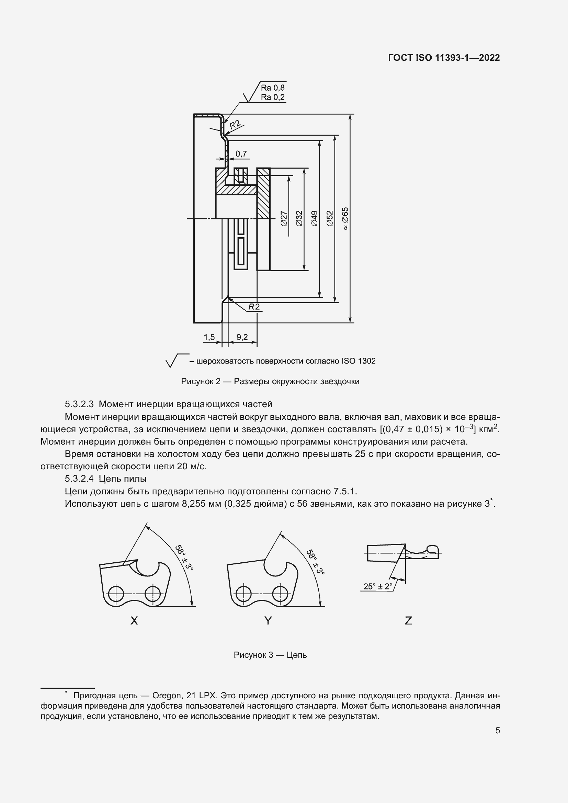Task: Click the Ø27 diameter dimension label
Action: (x=284, y=218)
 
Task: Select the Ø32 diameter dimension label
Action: (x=299, y=218)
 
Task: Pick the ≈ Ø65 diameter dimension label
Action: (x=345, y=218)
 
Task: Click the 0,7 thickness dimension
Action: (x=241, y=153)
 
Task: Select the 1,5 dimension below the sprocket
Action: (x=209, y=337)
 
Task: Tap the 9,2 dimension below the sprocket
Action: (x=242, y=337)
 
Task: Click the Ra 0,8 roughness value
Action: (x=273, y=88)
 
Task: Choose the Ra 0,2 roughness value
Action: (x=273, y=97)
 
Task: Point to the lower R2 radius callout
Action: (x=254, y=307)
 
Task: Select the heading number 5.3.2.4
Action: (x=79, y=479)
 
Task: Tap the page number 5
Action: (x=497, y=731)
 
